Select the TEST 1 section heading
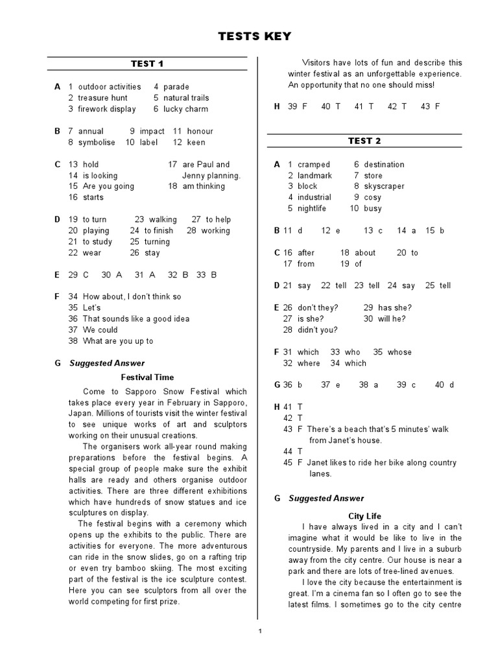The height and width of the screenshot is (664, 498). point(147,64)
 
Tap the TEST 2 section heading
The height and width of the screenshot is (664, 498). point(364,141)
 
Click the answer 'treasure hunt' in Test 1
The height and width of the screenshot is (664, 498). point(102,98)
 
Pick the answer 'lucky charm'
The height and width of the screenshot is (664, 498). point(185,109)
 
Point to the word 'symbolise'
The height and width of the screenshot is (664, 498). point(97,142)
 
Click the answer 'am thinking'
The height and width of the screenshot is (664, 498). point(206,186)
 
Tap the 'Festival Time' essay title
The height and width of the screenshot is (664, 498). point(148,377)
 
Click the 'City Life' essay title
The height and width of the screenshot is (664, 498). point(365,516)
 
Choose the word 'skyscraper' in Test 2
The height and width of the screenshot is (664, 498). point(384,186)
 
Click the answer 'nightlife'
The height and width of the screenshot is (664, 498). point(312,208)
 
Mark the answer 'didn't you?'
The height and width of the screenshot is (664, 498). point(318,329)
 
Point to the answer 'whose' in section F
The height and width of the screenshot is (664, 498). point(399,352)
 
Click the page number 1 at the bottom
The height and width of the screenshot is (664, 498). point(259,631)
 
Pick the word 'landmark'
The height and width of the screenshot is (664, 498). point(314,176)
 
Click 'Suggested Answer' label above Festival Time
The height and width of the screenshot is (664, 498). point(108,363)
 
